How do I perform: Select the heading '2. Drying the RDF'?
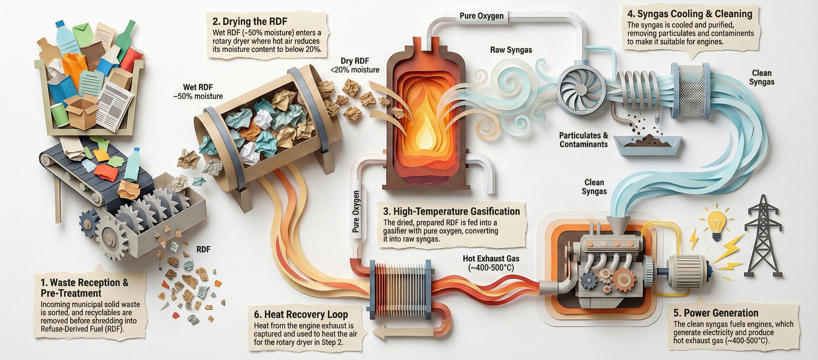250,22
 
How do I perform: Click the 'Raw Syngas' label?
511,50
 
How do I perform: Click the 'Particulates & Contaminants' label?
584,140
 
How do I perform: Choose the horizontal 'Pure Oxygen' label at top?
481,16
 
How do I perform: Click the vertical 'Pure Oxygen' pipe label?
356,211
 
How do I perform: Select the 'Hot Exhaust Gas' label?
491,263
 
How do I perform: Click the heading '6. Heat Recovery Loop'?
301,315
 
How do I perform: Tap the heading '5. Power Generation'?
716,313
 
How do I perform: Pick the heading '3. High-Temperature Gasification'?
452,211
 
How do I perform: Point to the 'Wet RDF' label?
198,92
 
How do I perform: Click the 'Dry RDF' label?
355,65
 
